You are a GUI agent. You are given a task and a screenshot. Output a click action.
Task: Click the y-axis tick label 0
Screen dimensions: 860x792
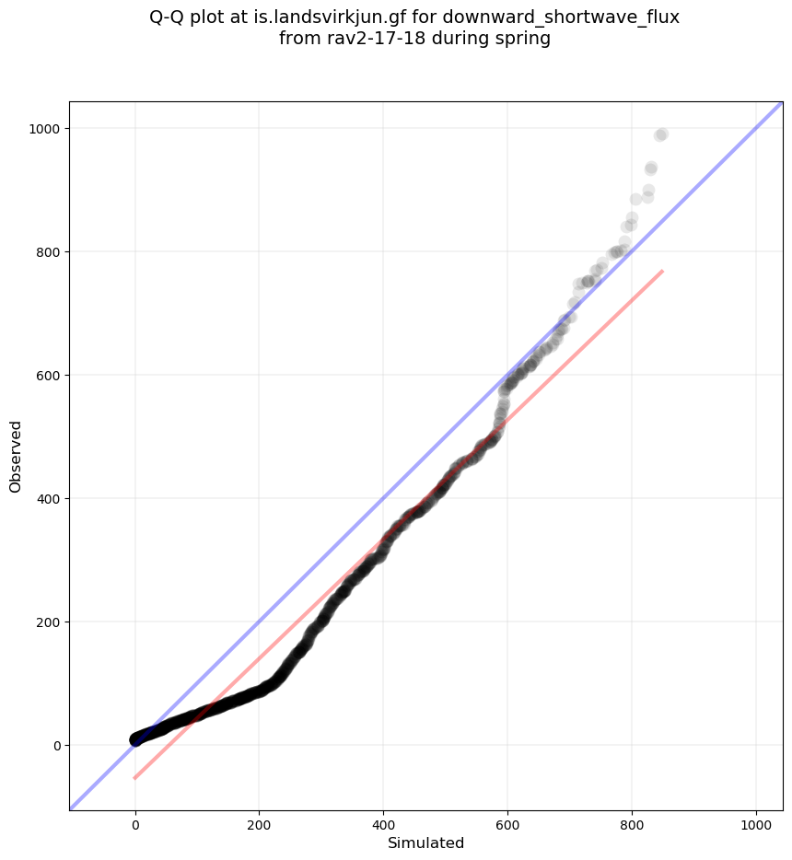point(56,746)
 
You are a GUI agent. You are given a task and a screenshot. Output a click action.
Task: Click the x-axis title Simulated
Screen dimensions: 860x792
point(425,843)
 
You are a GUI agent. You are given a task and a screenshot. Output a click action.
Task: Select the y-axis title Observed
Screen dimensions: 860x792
point(16,456)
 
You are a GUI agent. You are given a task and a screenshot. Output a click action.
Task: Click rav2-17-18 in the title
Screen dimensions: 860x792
point(366,39)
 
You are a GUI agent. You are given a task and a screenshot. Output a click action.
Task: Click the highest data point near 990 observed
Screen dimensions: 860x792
point(661,134)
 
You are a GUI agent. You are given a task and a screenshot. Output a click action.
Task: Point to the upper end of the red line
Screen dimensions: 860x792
point(662,271)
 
